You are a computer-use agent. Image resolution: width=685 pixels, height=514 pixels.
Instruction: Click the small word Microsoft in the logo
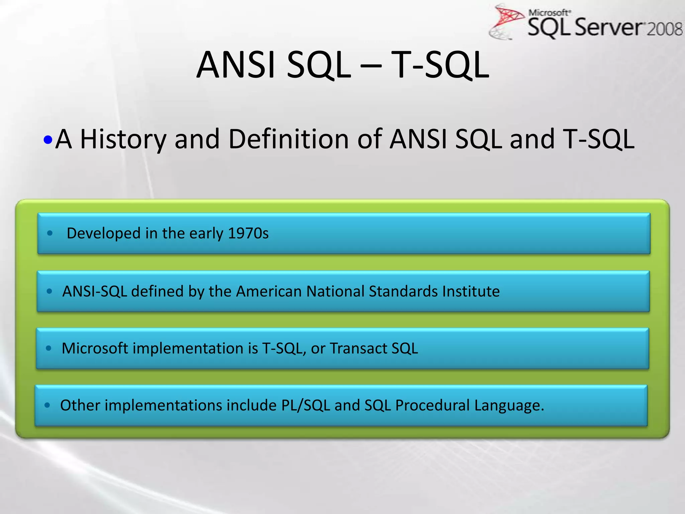click(x=549, y=13)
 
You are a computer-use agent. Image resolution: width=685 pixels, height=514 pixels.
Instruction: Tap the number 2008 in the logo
click(x=664, y=29)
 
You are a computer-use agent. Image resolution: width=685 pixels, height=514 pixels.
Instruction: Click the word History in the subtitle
click(x=123, y=139)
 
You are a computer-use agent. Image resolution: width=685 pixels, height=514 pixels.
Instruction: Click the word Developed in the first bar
click(x=103, y=233)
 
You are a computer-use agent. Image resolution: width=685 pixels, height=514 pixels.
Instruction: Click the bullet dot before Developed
click(x=50, y=233)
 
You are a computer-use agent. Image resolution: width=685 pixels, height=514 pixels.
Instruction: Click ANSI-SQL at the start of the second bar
click(x=95, y=291)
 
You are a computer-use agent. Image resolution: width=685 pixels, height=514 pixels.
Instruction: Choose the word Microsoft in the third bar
click(x=95, y=348)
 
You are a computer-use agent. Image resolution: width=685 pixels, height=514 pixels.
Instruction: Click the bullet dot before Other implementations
click(x=47, y=405)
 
